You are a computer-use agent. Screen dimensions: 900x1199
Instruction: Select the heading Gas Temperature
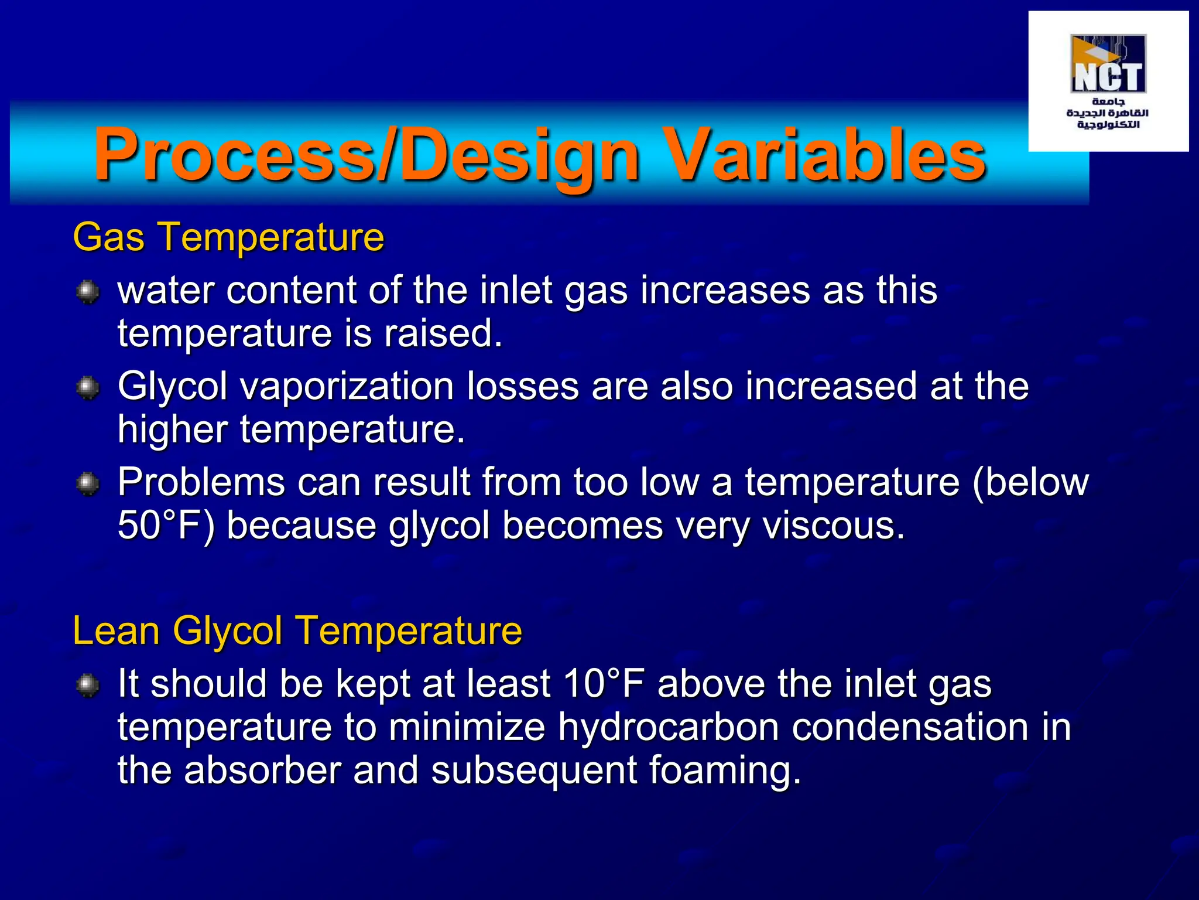[x=228, y=237]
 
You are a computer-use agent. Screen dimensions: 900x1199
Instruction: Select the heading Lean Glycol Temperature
[x=297, y=631]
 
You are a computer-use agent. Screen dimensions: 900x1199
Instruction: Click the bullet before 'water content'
[x=88, y=291]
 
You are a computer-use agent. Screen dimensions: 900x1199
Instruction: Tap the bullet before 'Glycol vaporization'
[x=88, y=388]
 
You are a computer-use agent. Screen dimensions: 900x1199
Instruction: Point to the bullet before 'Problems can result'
[x=88, y=483]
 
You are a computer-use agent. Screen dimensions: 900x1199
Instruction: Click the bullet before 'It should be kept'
[x=88, y=685]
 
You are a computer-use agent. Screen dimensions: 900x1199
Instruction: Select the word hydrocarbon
[x=668, y=727]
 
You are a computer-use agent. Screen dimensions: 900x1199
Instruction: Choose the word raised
[x=443, y=333]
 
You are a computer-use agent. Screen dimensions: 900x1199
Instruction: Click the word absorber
[x=262, y=771]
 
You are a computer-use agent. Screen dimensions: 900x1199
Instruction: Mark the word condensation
[x=910, y=727]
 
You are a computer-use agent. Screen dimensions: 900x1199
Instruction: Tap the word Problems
[x=201, y=482]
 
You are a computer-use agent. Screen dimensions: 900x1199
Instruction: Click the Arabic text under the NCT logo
[x=1108, y=114]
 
